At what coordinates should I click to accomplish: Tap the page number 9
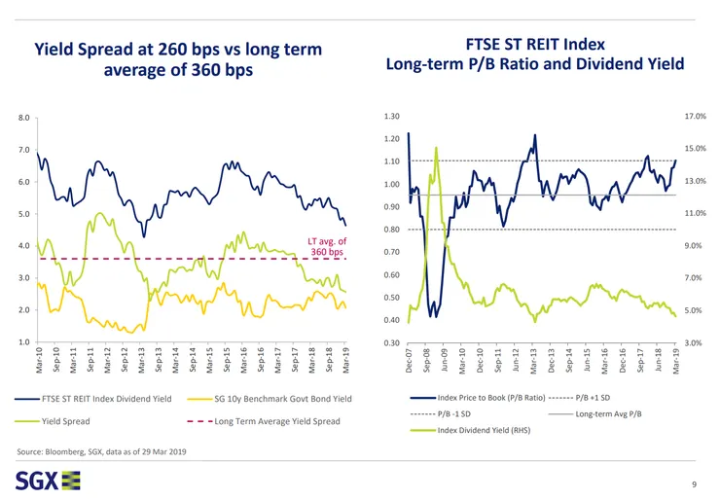pyautogui.click(x=692, y=483)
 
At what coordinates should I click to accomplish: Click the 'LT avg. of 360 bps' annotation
pyautogui.click(x=326, y=247)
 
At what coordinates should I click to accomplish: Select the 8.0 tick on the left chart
pyautogui.click(x=24, y=119)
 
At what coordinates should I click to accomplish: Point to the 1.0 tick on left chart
pyautogui.click(x=24, y=342)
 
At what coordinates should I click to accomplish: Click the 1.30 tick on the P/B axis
pyautogui.click(x=392, y=117)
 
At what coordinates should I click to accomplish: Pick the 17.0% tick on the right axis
pyautogui.click(x=696, y=117)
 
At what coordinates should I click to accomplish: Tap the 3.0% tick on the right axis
pyautogui.click(x=697, y=342)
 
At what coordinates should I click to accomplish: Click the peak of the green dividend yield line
pyautogui.click(x=436, y=148)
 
